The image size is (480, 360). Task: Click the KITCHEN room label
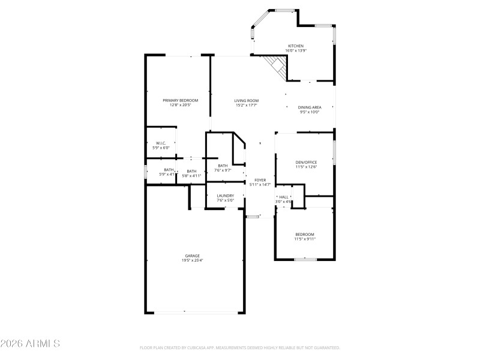pyautogui.click(x=296, y=46)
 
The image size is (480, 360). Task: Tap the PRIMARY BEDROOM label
pyautogui.click(x=176, y=100)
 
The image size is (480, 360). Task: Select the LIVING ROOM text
pyautogui.click(x=246, y=100)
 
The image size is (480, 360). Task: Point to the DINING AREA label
pyautogui.click(x=310, y=107)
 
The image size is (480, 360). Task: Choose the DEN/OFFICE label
pyautogui.click(x=306, y=162)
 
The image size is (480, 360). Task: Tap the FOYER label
pyautogui.click(x=260, y=180)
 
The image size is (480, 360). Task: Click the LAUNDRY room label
pyautogui.click(x=225, y=196)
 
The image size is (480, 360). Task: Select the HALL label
pyautogui.click(x=284, y=197)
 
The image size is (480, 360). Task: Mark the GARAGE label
pyautogui.click(x=192, y=256)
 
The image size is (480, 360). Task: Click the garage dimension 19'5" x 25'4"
pyautogui.click(x=192, y=260)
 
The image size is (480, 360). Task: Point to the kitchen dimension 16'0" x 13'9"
pyautogui.click(x=296, y=50)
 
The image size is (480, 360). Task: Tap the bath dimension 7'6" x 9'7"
pyautogui.click(x=223, y=170)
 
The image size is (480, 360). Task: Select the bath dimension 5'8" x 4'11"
pyautogui.click(x=191, y=176)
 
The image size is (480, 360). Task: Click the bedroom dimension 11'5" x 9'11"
pyautogui.click(x=305, y=239)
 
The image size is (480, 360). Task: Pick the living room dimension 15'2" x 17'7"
pyautogui.click(x=246, y=105)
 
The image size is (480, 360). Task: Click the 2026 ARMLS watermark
pyautogui.click(x=30, y=344)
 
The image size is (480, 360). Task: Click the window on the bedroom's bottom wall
pyautogui.click(x=305, y=259)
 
